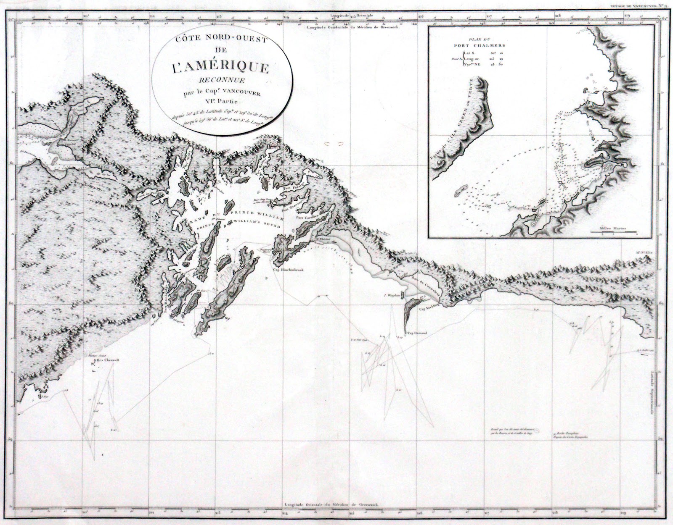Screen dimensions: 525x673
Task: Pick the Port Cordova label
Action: [x=306, y=218]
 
